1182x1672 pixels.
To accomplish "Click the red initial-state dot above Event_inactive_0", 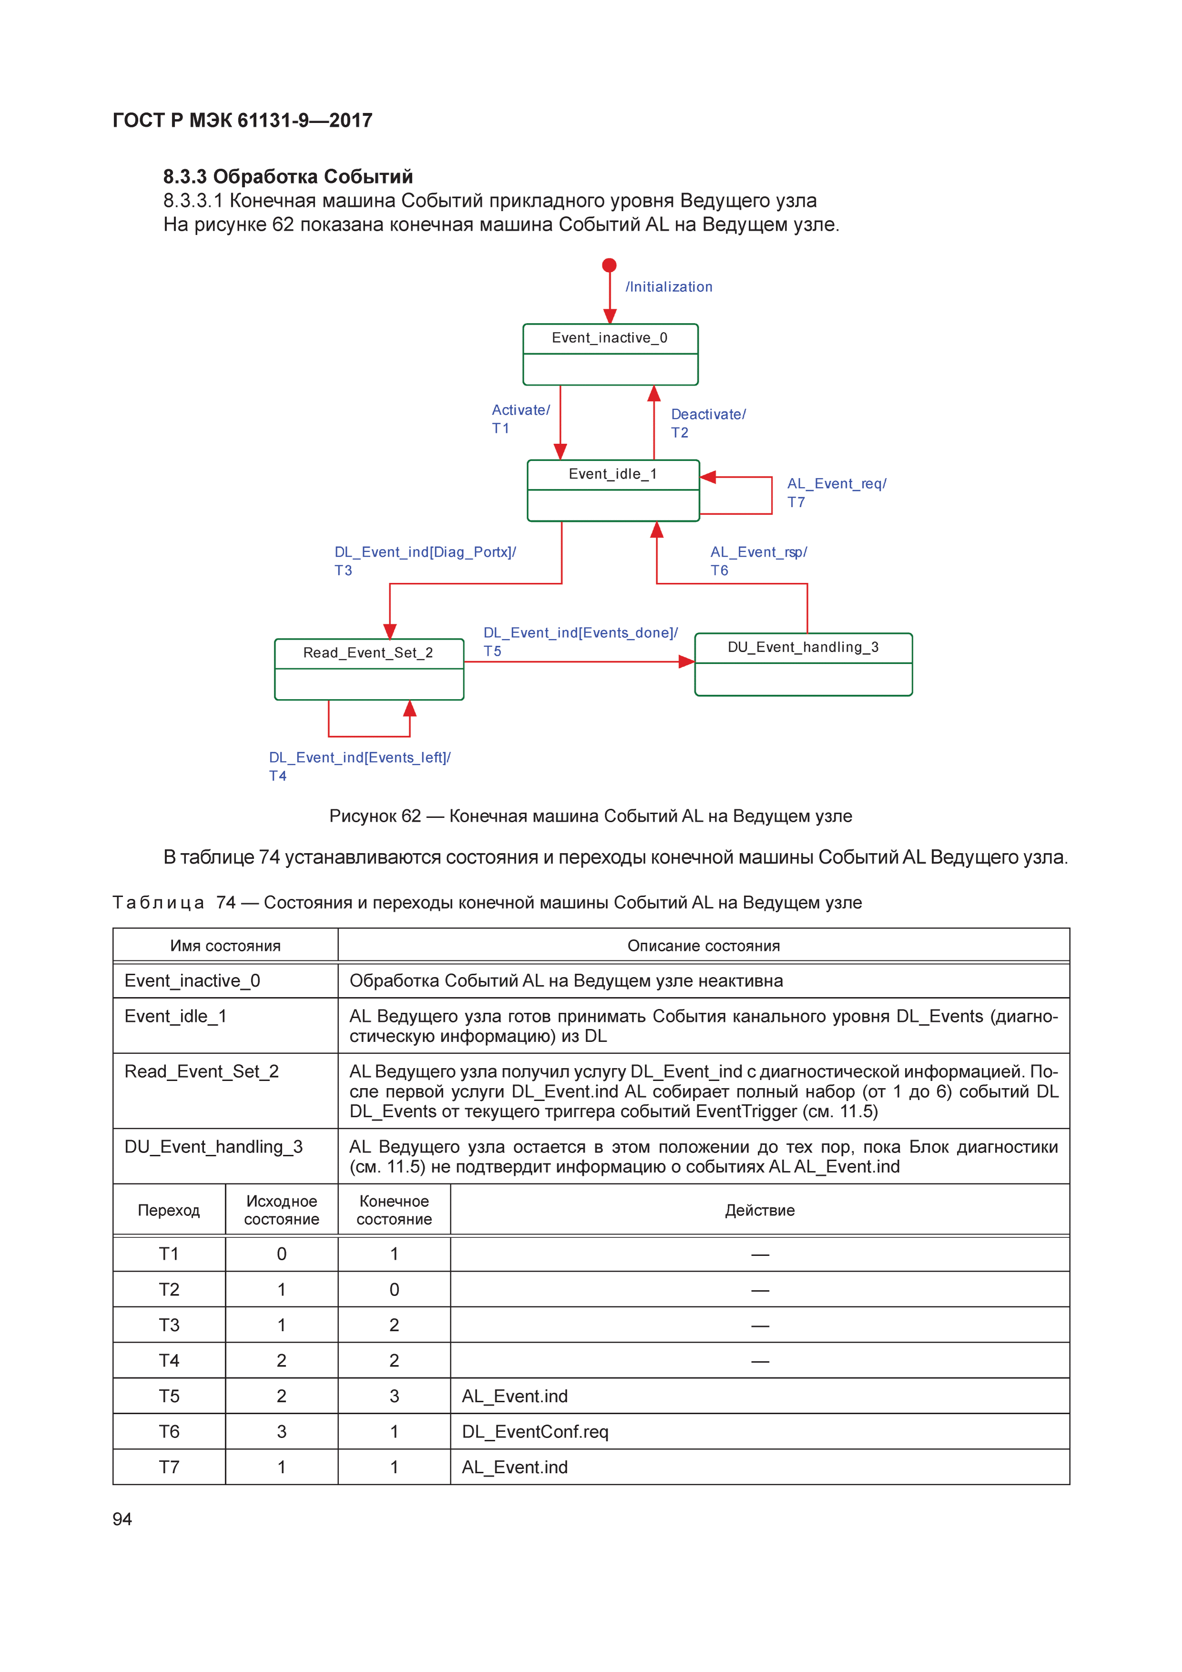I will (x=610, y=265).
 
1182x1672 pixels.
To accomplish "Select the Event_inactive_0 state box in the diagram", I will (x=610, y=355).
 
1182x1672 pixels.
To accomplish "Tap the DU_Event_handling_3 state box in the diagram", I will (x=803, y=664).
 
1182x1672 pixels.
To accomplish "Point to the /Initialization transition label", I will (x=669, y=287).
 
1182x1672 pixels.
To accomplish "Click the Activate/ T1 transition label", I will (x=520, y=419).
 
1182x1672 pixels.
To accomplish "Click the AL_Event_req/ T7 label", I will (x=836, y=492).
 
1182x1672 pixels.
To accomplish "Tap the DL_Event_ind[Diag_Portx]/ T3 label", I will (x=425, y=561).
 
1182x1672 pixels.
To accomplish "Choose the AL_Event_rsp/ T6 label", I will (x=758, y=561).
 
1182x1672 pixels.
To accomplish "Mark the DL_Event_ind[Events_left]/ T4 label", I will (x=359, y=766).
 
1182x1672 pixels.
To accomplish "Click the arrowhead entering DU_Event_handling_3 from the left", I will (x=686, y=661).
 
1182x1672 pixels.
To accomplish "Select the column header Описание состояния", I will (x=703, y=945).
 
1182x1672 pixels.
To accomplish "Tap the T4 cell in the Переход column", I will (x=169, y=1360).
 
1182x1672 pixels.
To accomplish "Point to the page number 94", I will (x=122, y=1519).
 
